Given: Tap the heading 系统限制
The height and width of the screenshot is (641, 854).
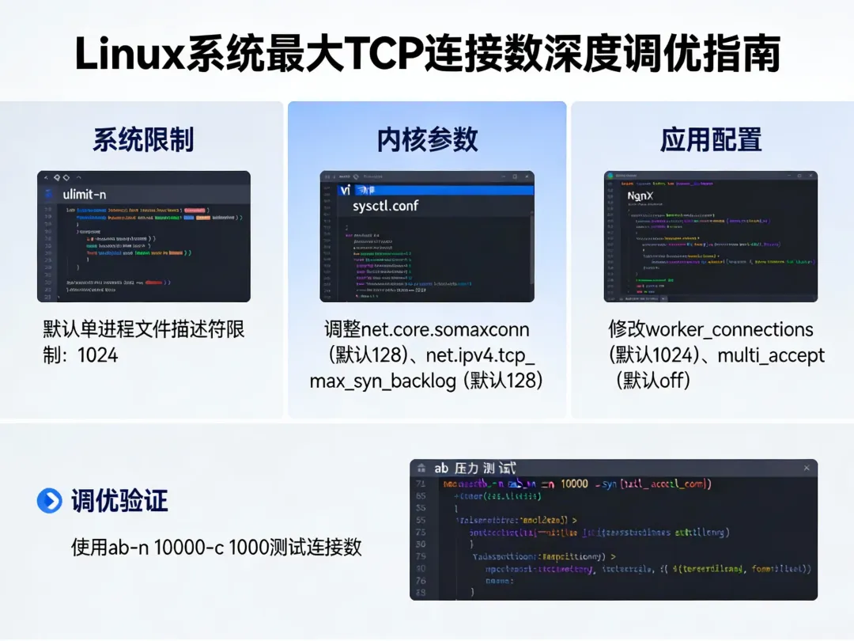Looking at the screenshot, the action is point(143,139).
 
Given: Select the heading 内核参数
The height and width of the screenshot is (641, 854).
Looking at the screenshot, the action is point(427,139).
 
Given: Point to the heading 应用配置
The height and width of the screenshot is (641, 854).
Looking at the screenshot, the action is point(711,139).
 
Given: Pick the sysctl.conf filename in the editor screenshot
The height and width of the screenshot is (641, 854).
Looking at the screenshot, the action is point(385,206).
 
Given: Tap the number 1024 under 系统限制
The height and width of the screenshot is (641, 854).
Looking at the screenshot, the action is point(98,355).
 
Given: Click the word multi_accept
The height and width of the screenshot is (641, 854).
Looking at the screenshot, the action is point(771,355).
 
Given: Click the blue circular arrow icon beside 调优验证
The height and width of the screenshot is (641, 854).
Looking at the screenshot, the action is point(49,500).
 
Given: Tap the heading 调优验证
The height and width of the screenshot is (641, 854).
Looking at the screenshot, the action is point(119,500).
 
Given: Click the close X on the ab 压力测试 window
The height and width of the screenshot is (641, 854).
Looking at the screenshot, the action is point(807,468).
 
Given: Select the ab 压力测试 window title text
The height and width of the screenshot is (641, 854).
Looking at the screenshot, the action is point(474,468).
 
